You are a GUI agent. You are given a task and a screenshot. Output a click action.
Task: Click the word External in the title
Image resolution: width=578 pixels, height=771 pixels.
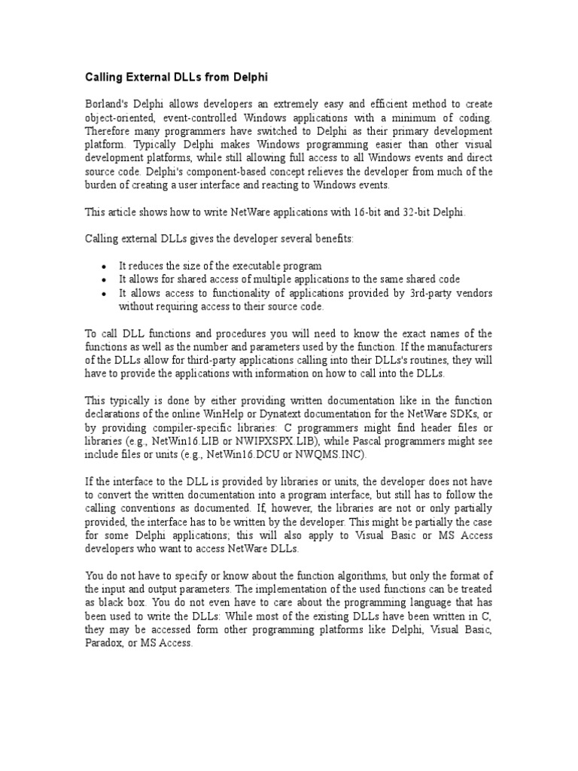coord(152,77)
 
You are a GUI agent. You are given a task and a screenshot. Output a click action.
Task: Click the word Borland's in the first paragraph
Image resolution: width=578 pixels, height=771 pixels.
coord(108,103)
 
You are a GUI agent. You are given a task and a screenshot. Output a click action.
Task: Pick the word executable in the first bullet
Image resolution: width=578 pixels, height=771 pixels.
coord(260,266)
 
